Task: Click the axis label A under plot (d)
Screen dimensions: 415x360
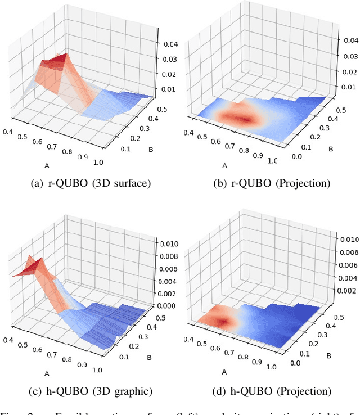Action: (224, 372)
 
